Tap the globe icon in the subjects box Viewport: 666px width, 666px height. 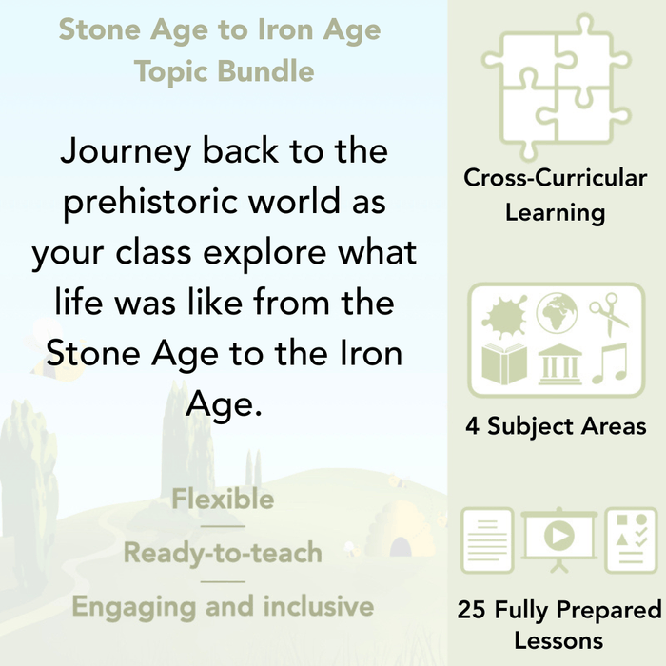pyautogui.click(x=557, y=313)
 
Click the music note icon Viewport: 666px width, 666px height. pyautogui.click(x=609, y=363)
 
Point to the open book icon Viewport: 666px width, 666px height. pyautogui.click(x=504, y=363)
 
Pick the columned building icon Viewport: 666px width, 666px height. pyautogui.click(x=557, y=363)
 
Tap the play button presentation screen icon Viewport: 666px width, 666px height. pyautogui.click(x=556, y=537)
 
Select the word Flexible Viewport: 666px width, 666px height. pyautogui.click(x=223, y=499)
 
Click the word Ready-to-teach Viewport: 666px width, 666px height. pyautogui.click(x=223, y=553)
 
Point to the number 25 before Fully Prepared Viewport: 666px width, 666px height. pyautogui.click(x=473, y=609)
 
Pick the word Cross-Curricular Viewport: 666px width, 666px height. pyautogui.click(x=556, y=178)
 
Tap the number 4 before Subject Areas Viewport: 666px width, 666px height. pyautogui.click(x=472, y=425)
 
